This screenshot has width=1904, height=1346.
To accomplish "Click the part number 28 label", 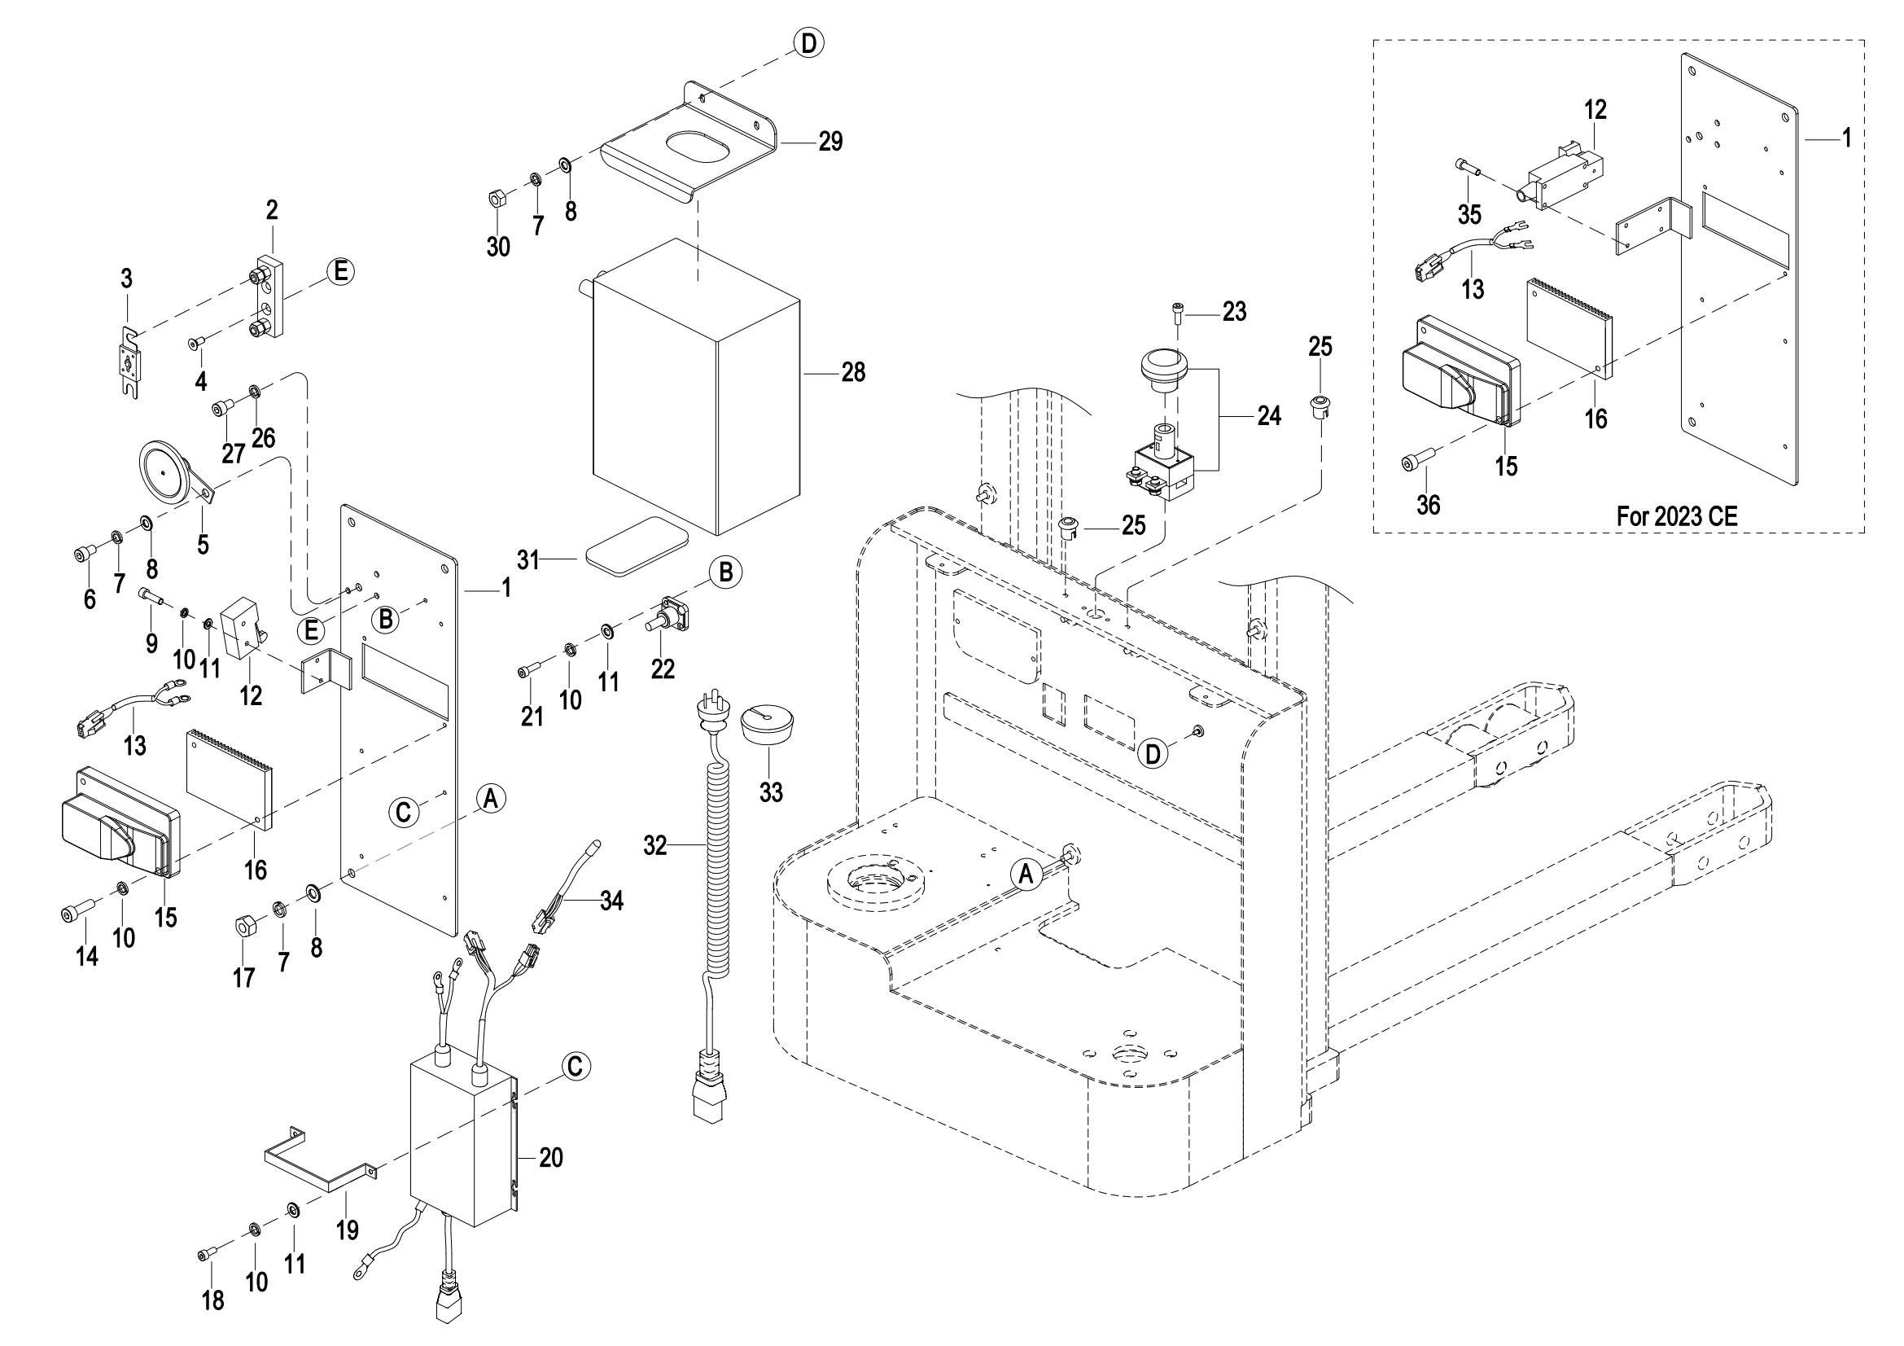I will click(853, 372).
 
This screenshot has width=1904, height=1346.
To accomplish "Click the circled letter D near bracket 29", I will click(808, 43).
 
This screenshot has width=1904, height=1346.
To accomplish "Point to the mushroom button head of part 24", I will click(1164, 366).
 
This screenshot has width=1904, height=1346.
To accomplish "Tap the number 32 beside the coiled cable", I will click(655, 847).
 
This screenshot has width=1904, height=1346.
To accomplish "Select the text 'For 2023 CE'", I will click(1677, 515).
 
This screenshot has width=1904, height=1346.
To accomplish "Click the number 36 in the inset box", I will click(1429, 504).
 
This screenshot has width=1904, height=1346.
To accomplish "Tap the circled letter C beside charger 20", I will click(576, 1067).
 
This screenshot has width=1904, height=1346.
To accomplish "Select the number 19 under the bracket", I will click(348, 1229).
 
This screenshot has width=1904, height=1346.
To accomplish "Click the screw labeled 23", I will click(1178, 313).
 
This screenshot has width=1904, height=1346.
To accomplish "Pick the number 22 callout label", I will click(663, 669).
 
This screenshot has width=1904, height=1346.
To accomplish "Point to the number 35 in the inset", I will click(1469, 215).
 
